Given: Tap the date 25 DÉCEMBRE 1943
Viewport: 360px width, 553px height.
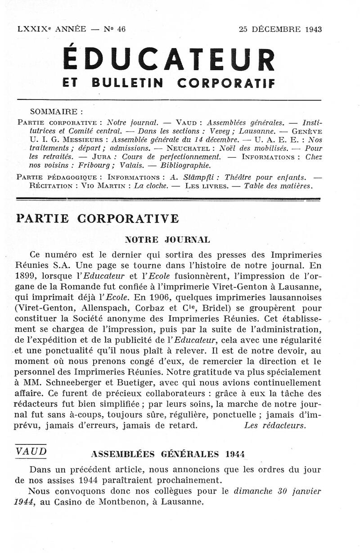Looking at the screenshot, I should (x=280, y=29).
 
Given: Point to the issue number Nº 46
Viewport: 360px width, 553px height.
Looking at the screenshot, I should (x=115, y=29).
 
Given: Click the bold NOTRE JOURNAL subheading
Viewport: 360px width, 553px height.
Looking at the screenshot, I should (x=167, y=240).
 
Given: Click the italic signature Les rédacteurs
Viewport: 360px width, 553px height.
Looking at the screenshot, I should (x=275, y=425).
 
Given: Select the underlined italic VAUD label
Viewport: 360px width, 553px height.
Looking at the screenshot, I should (x=31, y=451).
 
